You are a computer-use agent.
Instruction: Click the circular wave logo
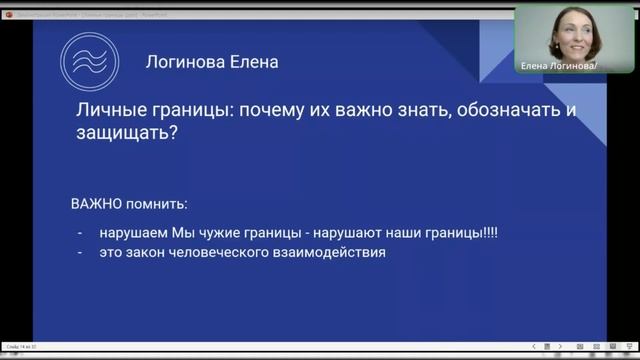(x=88, y=63)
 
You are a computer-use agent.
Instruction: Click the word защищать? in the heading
(x=128, y=133)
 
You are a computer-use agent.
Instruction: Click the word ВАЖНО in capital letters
(x=96, y=204)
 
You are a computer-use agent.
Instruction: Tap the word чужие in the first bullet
(x=222, y=233)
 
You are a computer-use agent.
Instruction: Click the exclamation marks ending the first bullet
(x=488, y=233)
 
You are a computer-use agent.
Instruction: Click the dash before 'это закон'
(x=79, y=253)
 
